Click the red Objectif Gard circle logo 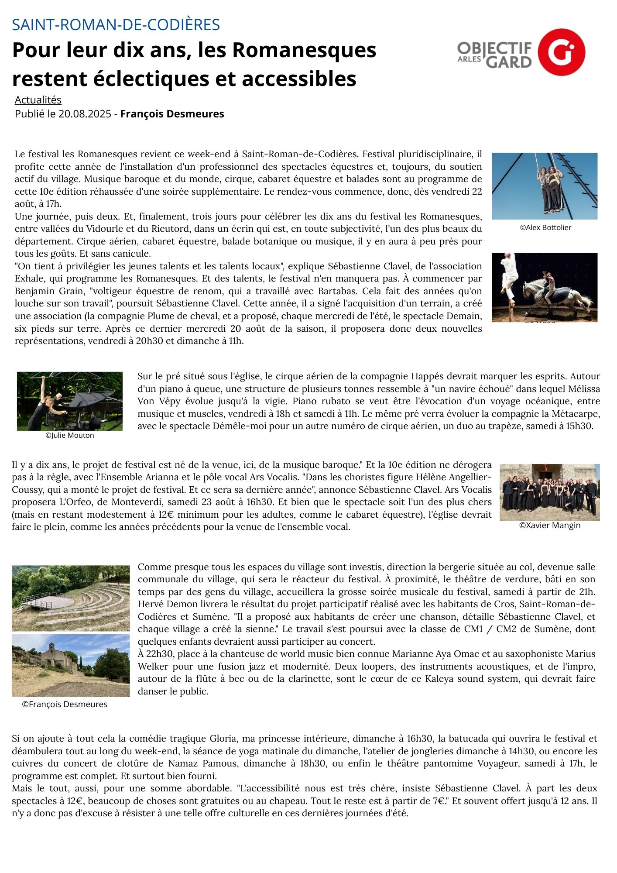tap(561, 52)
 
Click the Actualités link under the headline tap(38, 100)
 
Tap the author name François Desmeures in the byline tap(172, 114)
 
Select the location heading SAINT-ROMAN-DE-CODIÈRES tap(116, 25)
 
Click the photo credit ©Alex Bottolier tap(545, 227)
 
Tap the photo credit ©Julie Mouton tap(70, 435)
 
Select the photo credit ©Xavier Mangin tap(550, 526)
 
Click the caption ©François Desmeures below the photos tap(65, 704)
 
